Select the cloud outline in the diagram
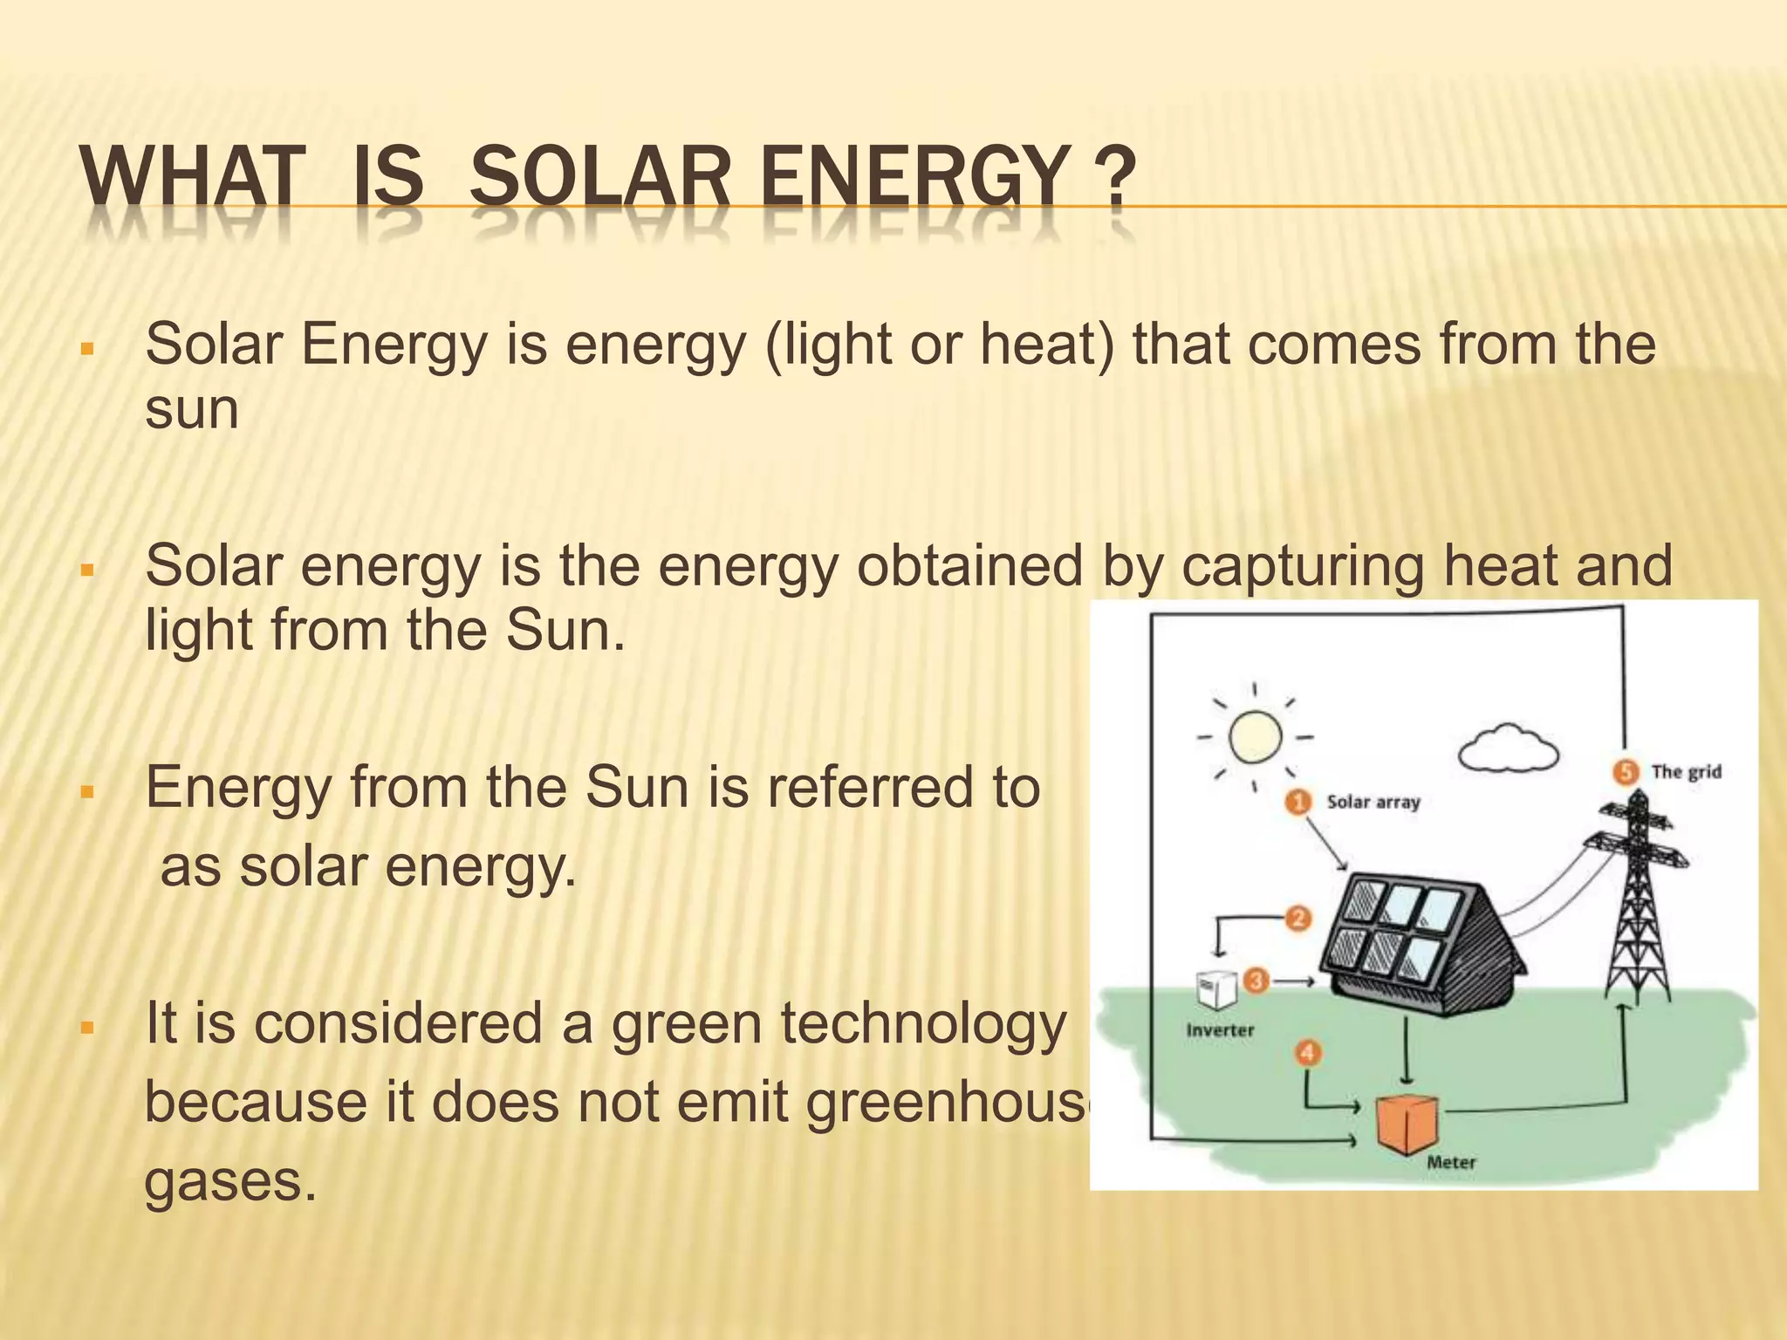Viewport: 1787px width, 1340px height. coord(1509,749)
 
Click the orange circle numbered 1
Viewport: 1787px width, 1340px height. coord(1298,801)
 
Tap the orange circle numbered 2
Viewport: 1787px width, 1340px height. coord(1298,918)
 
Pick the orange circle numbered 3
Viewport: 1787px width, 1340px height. coord(1256,981)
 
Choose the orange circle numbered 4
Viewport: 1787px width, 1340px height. coord(1307,1053)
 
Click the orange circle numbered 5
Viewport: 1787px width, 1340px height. coord(1625,771)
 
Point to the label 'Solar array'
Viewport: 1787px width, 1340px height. coord(1373,802)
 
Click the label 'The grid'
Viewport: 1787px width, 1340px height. coord(1686,771)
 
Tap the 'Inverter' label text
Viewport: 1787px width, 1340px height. coord(1220,1030)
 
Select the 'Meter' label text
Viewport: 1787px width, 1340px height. coord(1451,1162)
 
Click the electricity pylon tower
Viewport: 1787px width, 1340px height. coord(1636,907)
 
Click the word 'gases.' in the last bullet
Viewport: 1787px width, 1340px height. coord(229,1181)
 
